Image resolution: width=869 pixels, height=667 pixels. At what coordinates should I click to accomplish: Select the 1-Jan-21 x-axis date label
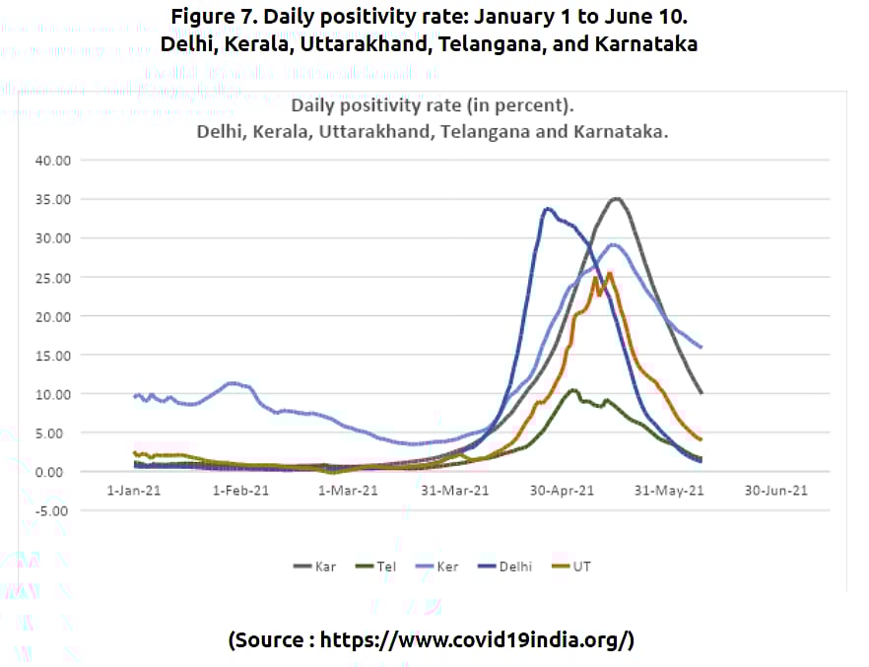135,490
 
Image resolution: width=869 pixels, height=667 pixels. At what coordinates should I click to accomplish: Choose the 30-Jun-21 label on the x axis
777,490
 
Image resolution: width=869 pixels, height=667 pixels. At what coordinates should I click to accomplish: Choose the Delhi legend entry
508,567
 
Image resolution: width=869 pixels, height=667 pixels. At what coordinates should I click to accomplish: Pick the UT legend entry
580,567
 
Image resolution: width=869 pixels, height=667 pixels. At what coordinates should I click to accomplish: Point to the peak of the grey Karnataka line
617,198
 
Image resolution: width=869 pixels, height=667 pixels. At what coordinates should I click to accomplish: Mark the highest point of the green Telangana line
572,389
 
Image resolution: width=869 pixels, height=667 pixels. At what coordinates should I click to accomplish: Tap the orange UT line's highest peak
609,273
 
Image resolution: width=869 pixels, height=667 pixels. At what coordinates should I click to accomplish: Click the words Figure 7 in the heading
211,17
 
